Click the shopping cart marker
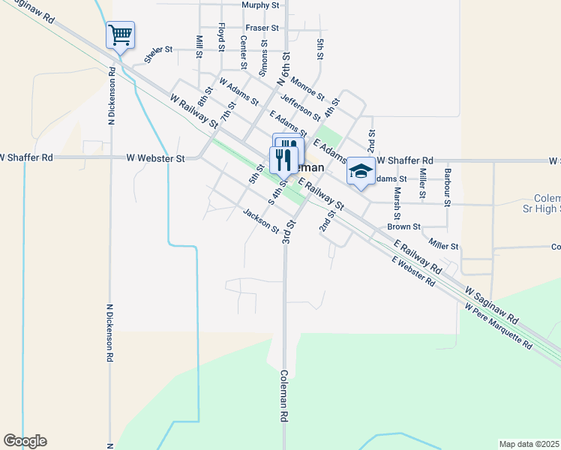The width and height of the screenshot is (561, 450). point(120,34)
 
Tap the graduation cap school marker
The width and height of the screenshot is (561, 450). point(361,172)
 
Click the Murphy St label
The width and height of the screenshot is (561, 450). point(260,5)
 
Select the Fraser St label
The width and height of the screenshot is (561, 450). point(264,28)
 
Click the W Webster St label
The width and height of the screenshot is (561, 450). point(155,158)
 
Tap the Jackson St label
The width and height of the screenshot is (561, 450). point(261,220)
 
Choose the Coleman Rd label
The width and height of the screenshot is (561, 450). point(285,394)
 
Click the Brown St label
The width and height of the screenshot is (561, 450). point(404,226)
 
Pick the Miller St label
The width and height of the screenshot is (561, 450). point(443,244)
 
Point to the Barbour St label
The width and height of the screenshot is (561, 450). point(447,187)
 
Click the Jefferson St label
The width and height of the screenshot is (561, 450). point(300,106)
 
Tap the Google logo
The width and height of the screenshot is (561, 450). point(25,441)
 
